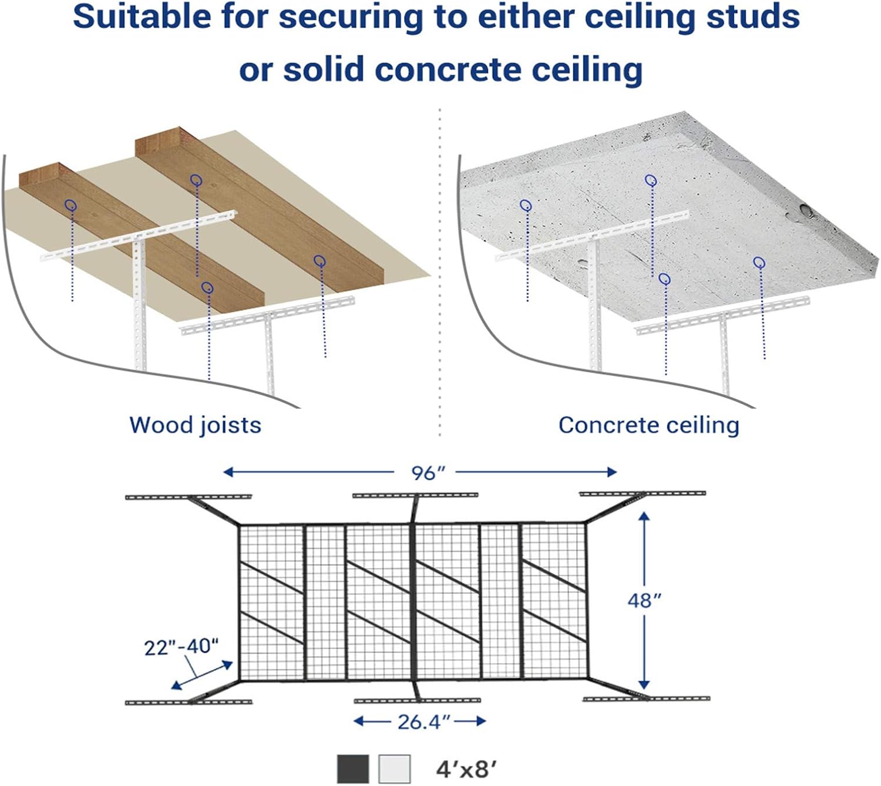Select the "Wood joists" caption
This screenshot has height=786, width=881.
click(x=195, y=425)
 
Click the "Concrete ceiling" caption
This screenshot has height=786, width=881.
click(x=648, y=425)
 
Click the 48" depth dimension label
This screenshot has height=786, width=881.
click(x=644, y=600)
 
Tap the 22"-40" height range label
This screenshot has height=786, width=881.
click(x=181, y=647)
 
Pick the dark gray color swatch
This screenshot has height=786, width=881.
click(x=353, y=769)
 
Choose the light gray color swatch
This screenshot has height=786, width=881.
click(x=394, y=769)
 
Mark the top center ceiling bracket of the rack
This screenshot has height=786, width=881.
click(x=415, y=495)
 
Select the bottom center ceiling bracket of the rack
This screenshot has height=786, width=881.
click(x=418, y=700)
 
